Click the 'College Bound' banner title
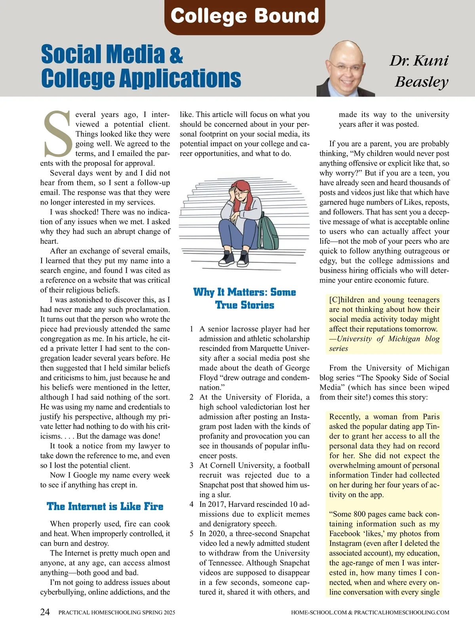coord(245,16)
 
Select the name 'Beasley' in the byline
coord(422,82)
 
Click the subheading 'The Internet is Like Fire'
coord(105,507)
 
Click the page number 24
coord(45,612)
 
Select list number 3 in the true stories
coord(192,465)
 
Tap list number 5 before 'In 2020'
coord(192,533)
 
